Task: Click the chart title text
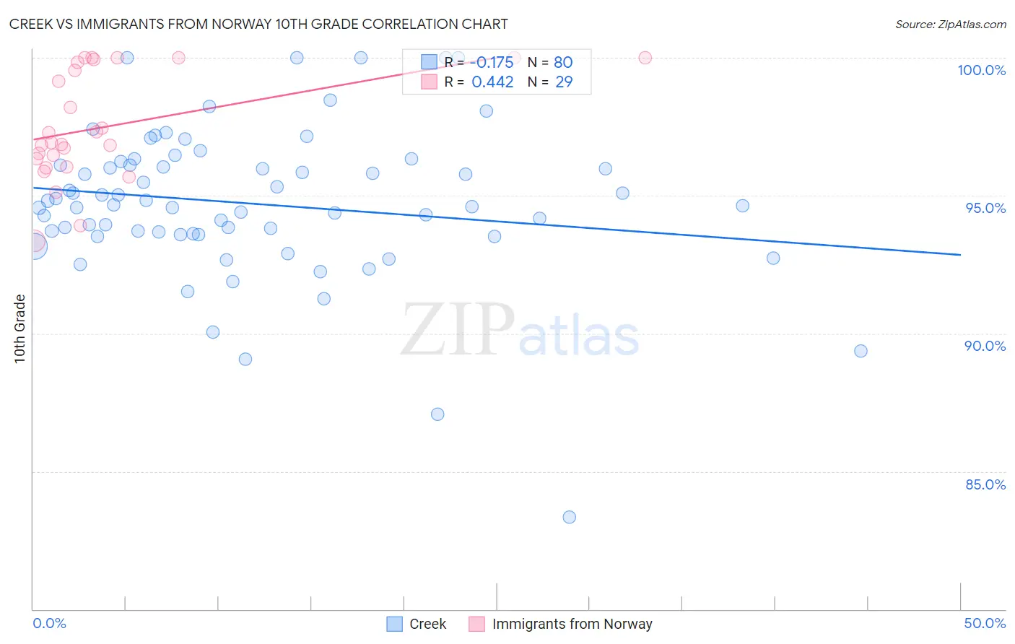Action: click(x=258, y=24)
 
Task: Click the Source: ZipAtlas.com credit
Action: click(x=950, y=24)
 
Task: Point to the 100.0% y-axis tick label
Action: click(x=981, y=70)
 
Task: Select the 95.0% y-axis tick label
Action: click(x=985, y=208)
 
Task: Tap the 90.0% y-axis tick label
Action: click(x=985, y=346)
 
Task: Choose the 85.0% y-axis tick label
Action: click(x=985, y=484)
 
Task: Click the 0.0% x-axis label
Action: click(x=49, y=623)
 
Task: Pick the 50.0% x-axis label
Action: click(x=985, y=623)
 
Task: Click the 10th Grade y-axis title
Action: click(x=19, y=328)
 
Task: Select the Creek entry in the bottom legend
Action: click(x=427, y=624)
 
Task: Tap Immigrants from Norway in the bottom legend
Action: click(x=572, y=624)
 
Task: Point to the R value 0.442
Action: click(x=492, y=82)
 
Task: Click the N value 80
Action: click(x=563, y=62)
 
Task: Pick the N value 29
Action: click(x=563, y=82)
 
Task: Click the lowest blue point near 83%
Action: click(x=569, y=517)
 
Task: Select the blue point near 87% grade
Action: click(x=437, y=414)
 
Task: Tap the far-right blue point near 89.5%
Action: click(x=861, y=351)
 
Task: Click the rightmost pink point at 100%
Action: click(x=645, y=58)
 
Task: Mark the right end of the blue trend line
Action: click(x=960, y=254)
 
